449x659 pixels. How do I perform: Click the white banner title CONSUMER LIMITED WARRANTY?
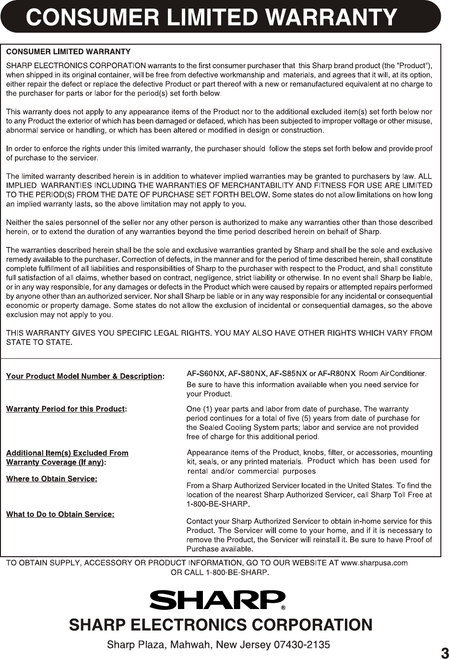tap(211, 17)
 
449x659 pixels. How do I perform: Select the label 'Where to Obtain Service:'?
tap(51, 479)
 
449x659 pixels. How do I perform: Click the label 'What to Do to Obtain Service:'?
tap(60, 514)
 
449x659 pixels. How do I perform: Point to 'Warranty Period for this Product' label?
tap(65, 409)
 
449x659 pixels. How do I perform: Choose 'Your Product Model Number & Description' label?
tap(84, 376)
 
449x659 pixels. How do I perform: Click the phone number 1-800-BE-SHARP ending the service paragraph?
tap(218, 504)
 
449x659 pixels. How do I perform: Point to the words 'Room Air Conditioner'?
tap(392, 374)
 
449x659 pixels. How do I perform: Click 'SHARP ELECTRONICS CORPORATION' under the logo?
tap(221, 625)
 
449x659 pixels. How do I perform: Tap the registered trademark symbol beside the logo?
tap(283, 608)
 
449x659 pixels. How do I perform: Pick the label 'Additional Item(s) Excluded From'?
tap(67, 453)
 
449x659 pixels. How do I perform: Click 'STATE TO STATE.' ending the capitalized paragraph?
tap(39, 342)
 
